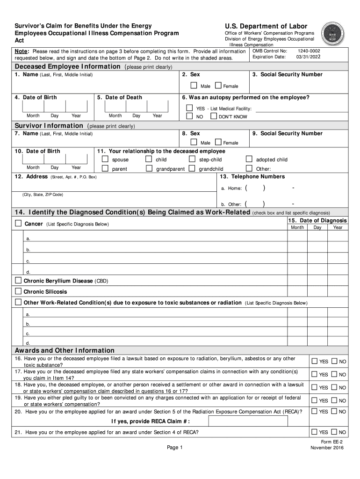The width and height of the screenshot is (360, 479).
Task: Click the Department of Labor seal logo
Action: click(x=336, y=34)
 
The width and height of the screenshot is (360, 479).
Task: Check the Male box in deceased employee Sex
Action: click(x=194, y=86)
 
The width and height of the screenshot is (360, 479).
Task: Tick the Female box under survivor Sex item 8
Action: click(x=218, y=142)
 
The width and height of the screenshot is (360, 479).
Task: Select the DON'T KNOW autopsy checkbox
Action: click(x=214, y=116)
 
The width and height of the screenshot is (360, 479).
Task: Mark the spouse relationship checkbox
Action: click(x=105, y=159)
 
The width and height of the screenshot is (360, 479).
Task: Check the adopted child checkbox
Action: click(x=249, y=159)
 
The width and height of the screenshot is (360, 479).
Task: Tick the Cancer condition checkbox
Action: click(x=18, y=224)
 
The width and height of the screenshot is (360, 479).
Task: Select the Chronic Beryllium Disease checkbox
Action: click(x=18, y=281)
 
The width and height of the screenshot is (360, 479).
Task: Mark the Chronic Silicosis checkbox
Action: click(x=18, y=291)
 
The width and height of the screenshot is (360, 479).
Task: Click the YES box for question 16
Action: click(x=315, y=362)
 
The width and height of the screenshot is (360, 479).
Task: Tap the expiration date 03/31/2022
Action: click(x=308, y=57)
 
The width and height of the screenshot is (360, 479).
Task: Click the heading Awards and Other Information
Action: click(x=65, y=350)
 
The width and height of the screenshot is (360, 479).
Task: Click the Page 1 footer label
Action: click(x=174, y=448)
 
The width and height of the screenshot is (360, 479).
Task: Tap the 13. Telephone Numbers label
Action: click(x=252, y=176)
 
